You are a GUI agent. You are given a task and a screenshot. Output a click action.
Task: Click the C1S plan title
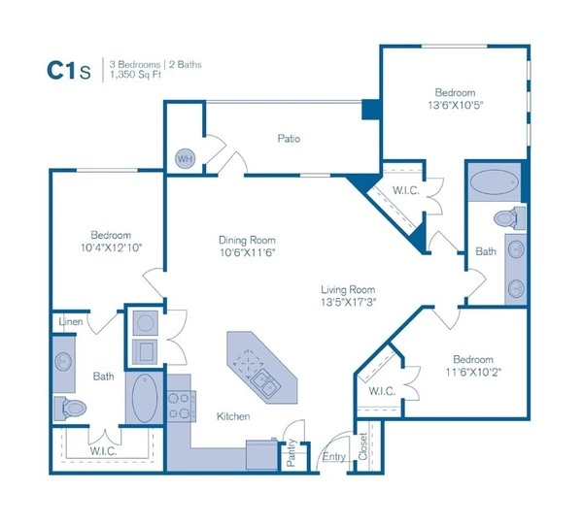coord(70,69)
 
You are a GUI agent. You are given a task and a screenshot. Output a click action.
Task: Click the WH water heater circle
coord(184,157)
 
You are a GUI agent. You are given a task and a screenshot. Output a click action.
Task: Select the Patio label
coord(289,139)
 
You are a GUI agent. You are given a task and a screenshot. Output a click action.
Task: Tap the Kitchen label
coord(233,416)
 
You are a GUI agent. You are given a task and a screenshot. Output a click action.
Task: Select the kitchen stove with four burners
coord(181,405)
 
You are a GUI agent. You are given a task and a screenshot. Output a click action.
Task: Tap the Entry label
coord(334,455)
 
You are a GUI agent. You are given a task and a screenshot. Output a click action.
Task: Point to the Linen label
coord(70,321)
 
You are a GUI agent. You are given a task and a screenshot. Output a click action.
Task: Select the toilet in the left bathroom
coord(71,407)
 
